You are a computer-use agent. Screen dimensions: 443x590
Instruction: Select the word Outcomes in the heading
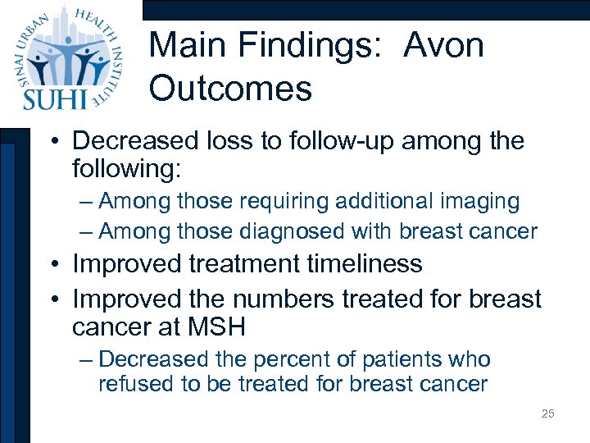(x=230, y=89)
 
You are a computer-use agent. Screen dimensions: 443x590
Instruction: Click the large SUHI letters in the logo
(x=53, y=97)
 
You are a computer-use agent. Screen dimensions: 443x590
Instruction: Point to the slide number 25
(x=547, y=413)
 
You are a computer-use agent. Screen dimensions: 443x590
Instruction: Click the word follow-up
(x=319, y=141)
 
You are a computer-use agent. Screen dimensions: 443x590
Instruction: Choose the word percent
(x=289, y=359)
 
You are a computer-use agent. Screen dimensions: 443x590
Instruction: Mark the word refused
(x=130, y=383)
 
